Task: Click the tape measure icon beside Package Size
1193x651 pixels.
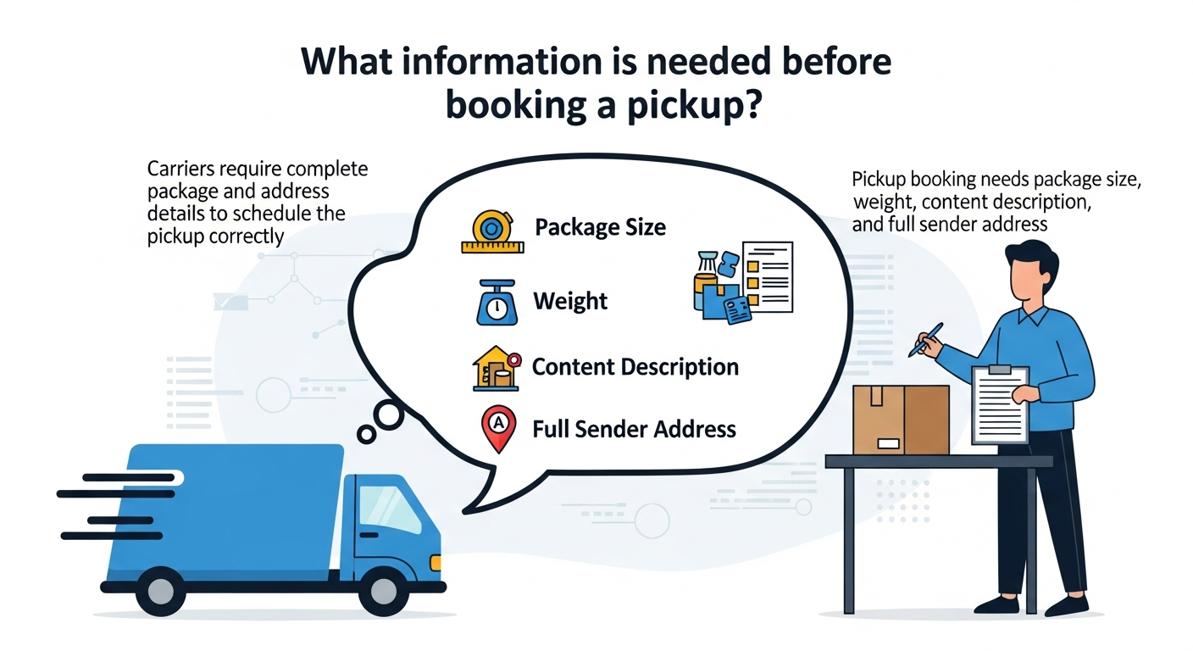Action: click(x=492, y=231)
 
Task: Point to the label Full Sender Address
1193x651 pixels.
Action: click(x=634, y=429)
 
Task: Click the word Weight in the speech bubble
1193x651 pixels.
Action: click(x=570, y=301)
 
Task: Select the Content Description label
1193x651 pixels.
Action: click(x=635, y=367)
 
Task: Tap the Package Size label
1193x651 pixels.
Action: click(x=600, y=227)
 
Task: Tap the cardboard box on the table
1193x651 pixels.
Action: click(x=900, y=419)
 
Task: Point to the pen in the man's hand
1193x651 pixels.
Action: click(x=926, y=339)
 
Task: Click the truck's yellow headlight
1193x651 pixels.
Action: click(x=436, y=562)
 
